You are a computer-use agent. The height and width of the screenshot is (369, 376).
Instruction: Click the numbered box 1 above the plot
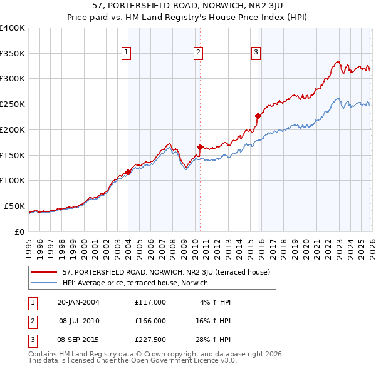[127, 53]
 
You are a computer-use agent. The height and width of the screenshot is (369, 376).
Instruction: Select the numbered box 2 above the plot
[198, 53]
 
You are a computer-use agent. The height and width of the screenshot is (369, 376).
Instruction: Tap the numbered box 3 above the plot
[256, 53]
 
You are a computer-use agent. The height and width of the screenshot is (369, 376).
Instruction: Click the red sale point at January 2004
[128, 171]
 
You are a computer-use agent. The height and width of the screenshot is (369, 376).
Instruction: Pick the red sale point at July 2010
[200, 147]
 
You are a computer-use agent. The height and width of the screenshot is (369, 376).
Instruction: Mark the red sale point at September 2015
[258, 116]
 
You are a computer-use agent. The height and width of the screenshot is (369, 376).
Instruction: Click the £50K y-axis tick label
[14, 206]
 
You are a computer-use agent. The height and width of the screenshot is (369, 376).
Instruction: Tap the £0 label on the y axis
[19, 231]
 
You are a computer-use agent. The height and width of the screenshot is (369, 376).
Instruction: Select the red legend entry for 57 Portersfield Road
[166, 272]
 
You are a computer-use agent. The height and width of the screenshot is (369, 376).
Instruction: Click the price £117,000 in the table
[150, 301]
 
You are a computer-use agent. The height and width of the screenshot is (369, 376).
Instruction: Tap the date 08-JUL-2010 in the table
[79, 320]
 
